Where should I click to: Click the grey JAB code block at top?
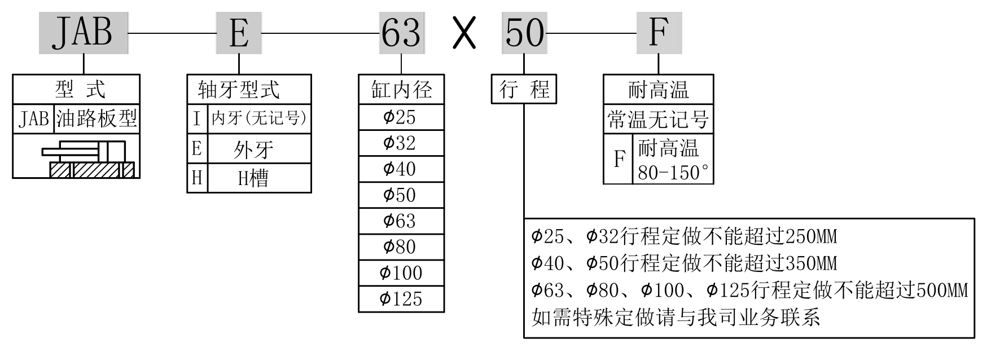point(84,33)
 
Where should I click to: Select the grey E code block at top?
point(239,33)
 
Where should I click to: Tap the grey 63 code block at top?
point(401,33)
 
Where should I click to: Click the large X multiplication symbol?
point(464,33)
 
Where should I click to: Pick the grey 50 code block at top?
point(524,33)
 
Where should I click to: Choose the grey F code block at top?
point(659,33)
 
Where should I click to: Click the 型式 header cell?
point(76,89)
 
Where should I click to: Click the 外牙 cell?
point(253,149)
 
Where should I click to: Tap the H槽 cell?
point(253,178)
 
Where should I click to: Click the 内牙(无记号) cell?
point(259,118)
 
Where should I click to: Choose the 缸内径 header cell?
point(401,89)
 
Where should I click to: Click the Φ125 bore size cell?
point(401,298)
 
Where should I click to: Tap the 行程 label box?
point(524,89)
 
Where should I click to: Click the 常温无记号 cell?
point(658,119)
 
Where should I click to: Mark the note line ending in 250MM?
point(684,236)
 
